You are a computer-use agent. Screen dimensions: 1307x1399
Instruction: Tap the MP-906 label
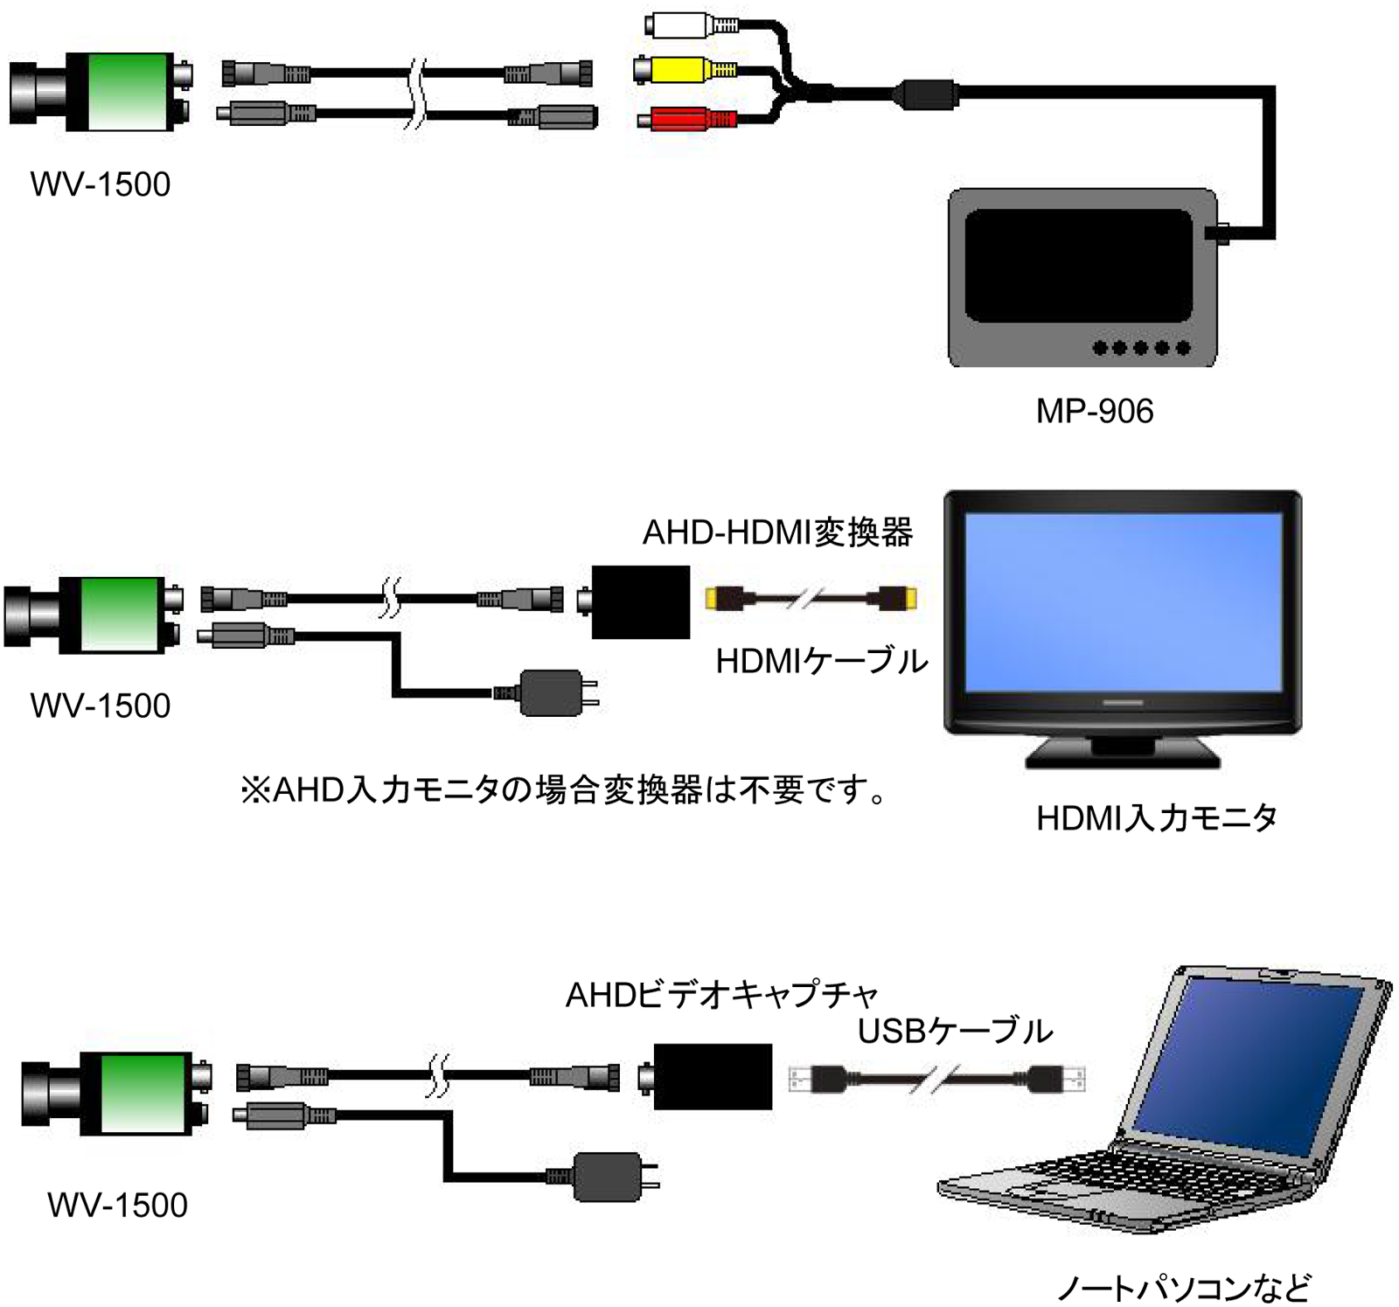pyautogui.click(x=1094, y=411)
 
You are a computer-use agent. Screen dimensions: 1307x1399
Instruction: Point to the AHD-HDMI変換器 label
pyautogui.click(x=777, y=532)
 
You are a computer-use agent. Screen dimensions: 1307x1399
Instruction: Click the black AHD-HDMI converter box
pyautogui.click(x=640, y=601)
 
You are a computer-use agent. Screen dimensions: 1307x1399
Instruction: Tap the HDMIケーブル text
pyautogui.click(x=821, y=661)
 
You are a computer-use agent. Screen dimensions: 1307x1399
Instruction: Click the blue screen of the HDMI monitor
pyautogui.click(x=1123, y=601)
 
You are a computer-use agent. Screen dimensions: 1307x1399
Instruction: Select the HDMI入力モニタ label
pyautogui.click(x=1156, y=817)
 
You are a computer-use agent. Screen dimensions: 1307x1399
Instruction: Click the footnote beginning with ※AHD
pyautogui.click(x=564, y=789)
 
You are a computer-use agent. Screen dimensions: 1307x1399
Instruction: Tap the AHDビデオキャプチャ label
pyautogui.click(x=720, y=994)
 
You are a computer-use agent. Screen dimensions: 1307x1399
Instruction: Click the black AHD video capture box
pyautogui.click(x=713, y=1076)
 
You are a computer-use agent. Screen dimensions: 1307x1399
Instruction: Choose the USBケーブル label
pyautogui.click(x=955, y=1031)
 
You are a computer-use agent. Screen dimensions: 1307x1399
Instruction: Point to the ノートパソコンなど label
pyautogui.click(x=1184, y=1287)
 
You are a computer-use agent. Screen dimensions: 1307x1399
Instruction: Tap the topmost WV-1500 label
pyautogui.click(x=101, y=184)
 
